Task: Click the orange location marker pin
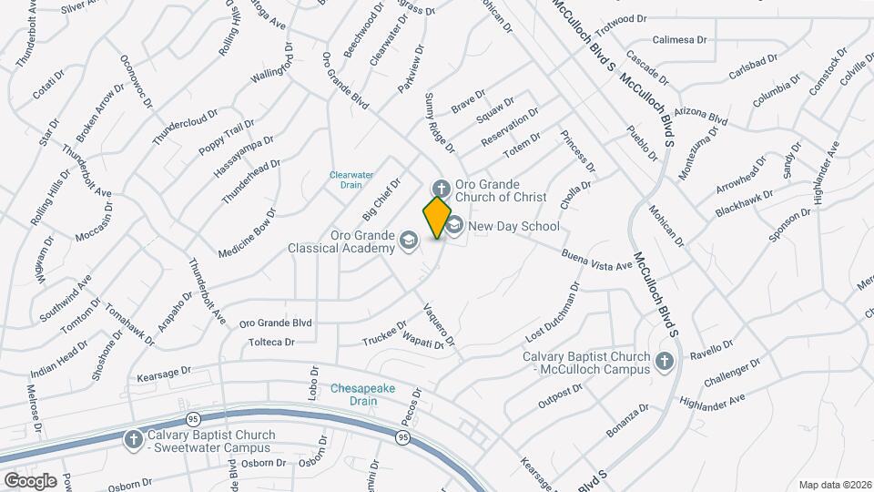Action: coord(437,217)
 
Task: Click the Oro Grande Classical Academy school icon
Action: coord(409,241)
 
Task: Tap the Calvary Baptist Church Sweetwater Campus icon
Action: coord(134,440)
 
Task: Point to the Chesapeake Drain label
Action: coord(362,394)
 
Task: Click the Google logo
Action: coord(30,480)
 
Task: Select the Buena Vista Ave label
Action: coord(596,260)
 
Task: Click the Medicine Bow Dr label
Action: coord(246,238)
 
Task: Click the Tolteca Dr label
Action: coord(271,343)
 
